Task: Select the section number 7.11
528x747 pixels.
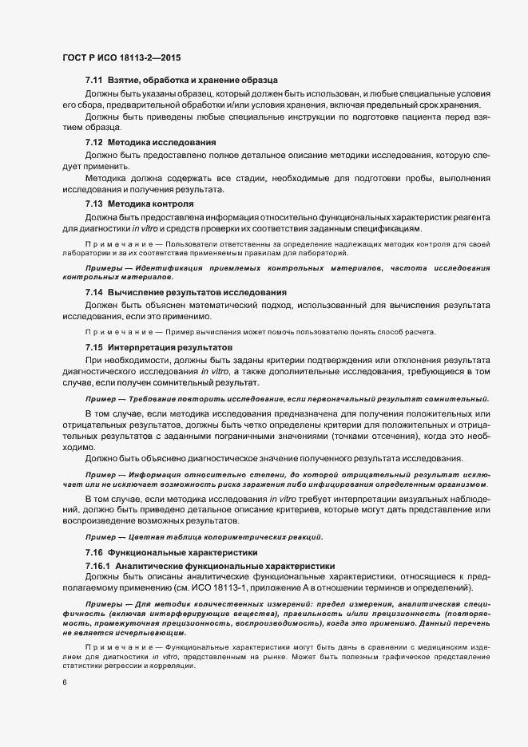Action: (94, 81)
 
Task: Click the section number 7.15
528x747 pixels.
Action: (94, 348)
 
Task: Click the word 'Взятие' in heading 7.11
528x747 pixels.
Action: (126, 81)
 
